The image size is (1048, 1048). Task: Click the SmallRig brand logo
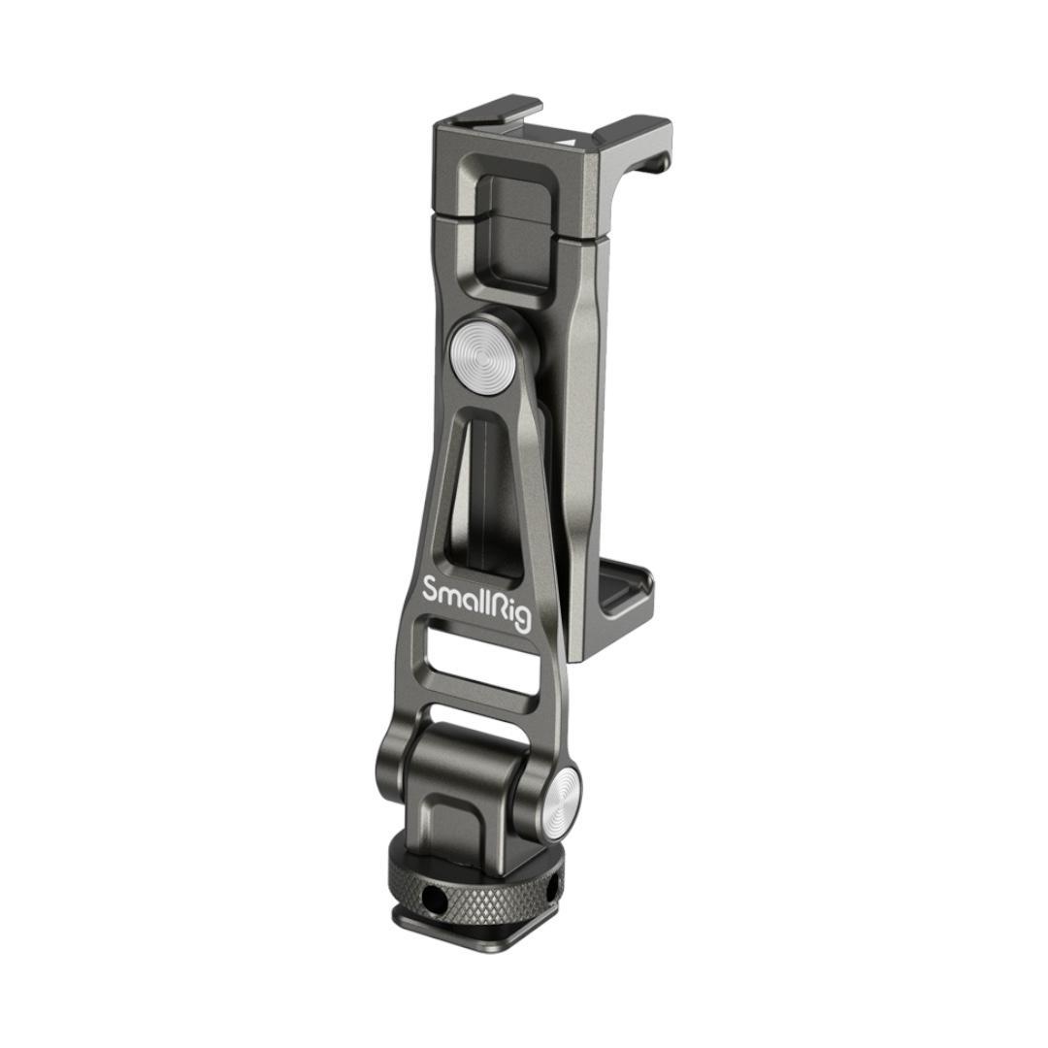[x=477, y=603]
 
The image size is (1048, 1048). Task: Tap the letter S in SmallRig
[x=432, y=589]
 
